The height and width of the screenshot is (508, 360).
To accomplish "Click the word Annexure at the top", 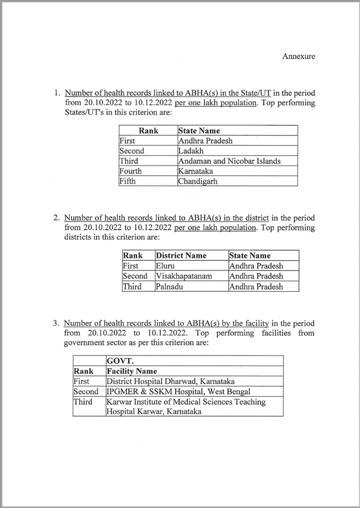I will point(298,57).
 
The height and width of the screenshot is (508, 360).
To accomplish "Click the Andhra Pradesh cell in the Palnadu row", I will point(256,286).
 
